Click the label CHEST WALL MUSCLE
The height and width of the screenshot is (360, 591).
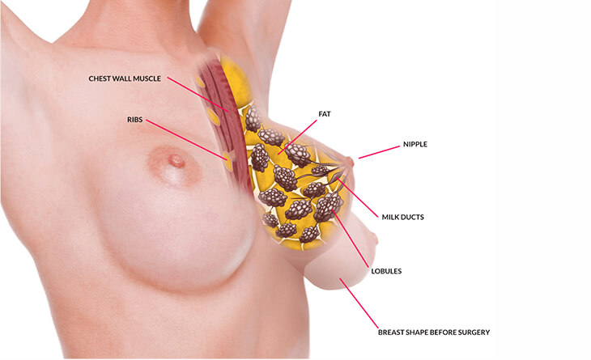point(125,78)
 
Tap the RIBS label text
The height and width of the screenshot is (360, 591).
point(135,120)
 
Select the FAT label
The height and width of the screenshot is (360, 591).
point(325,114)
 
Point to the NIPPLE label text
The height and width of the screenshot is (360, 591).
point(415,144)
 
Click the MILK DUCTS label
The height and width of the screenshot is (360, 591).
point(403,218)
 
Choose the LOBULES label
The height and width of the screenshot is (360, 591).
point(386,271)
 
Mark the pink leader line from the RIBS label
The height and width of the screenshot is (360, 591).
point(186,140)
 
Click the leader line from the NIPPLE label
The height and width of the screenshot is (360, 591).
point(379,152)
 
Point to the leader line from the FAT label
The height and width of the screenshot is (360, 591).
point(297,138)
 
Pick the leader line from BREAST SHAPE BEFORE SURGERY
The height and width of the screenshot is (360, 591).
point(359,303)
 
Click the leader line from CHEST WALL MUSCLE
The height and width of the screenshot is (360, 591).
point(198,95)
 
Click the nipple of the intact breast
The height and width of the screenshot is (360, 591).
point(176,161)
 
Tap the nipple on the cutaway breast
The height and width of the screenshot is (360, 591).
point(351,163)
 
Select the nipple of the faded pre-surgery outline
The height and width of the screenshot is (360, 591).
point(374,239)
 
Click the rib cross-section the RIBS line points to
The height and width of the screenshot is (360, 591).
point(227,161)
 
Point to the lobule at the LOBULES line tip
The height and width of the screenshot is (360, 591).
point(328,205)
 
